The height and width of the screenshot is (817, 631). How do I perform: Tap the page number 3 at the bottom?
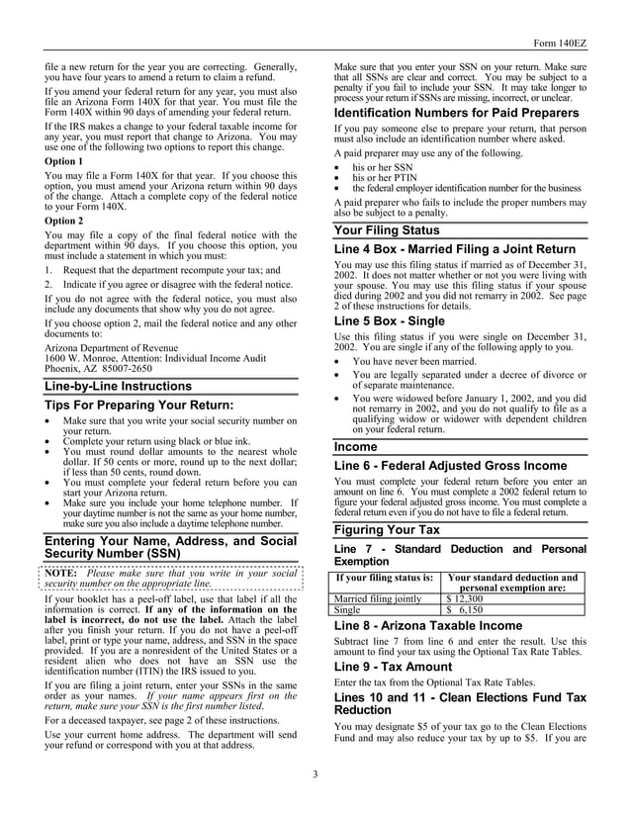point(315,772)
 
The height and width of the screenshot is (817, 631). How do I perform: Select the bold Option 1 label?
point(64,160)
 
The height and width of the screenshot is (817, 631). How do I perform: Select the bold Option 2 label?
point(64,221)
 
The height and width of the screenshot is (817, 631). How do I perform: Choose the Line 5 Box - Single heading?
point(390,321)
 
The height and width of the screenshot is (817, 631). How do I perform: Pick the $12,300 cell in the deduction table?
point(465,598)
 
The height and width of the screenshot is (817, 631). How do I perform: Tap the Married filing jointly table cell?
point(379,598)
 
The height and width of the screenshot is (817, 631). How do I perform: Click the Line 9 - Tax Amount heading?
point(393,667)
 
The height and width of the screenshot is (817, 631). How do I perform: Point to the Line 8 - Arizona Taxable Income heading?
point(428,626)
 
